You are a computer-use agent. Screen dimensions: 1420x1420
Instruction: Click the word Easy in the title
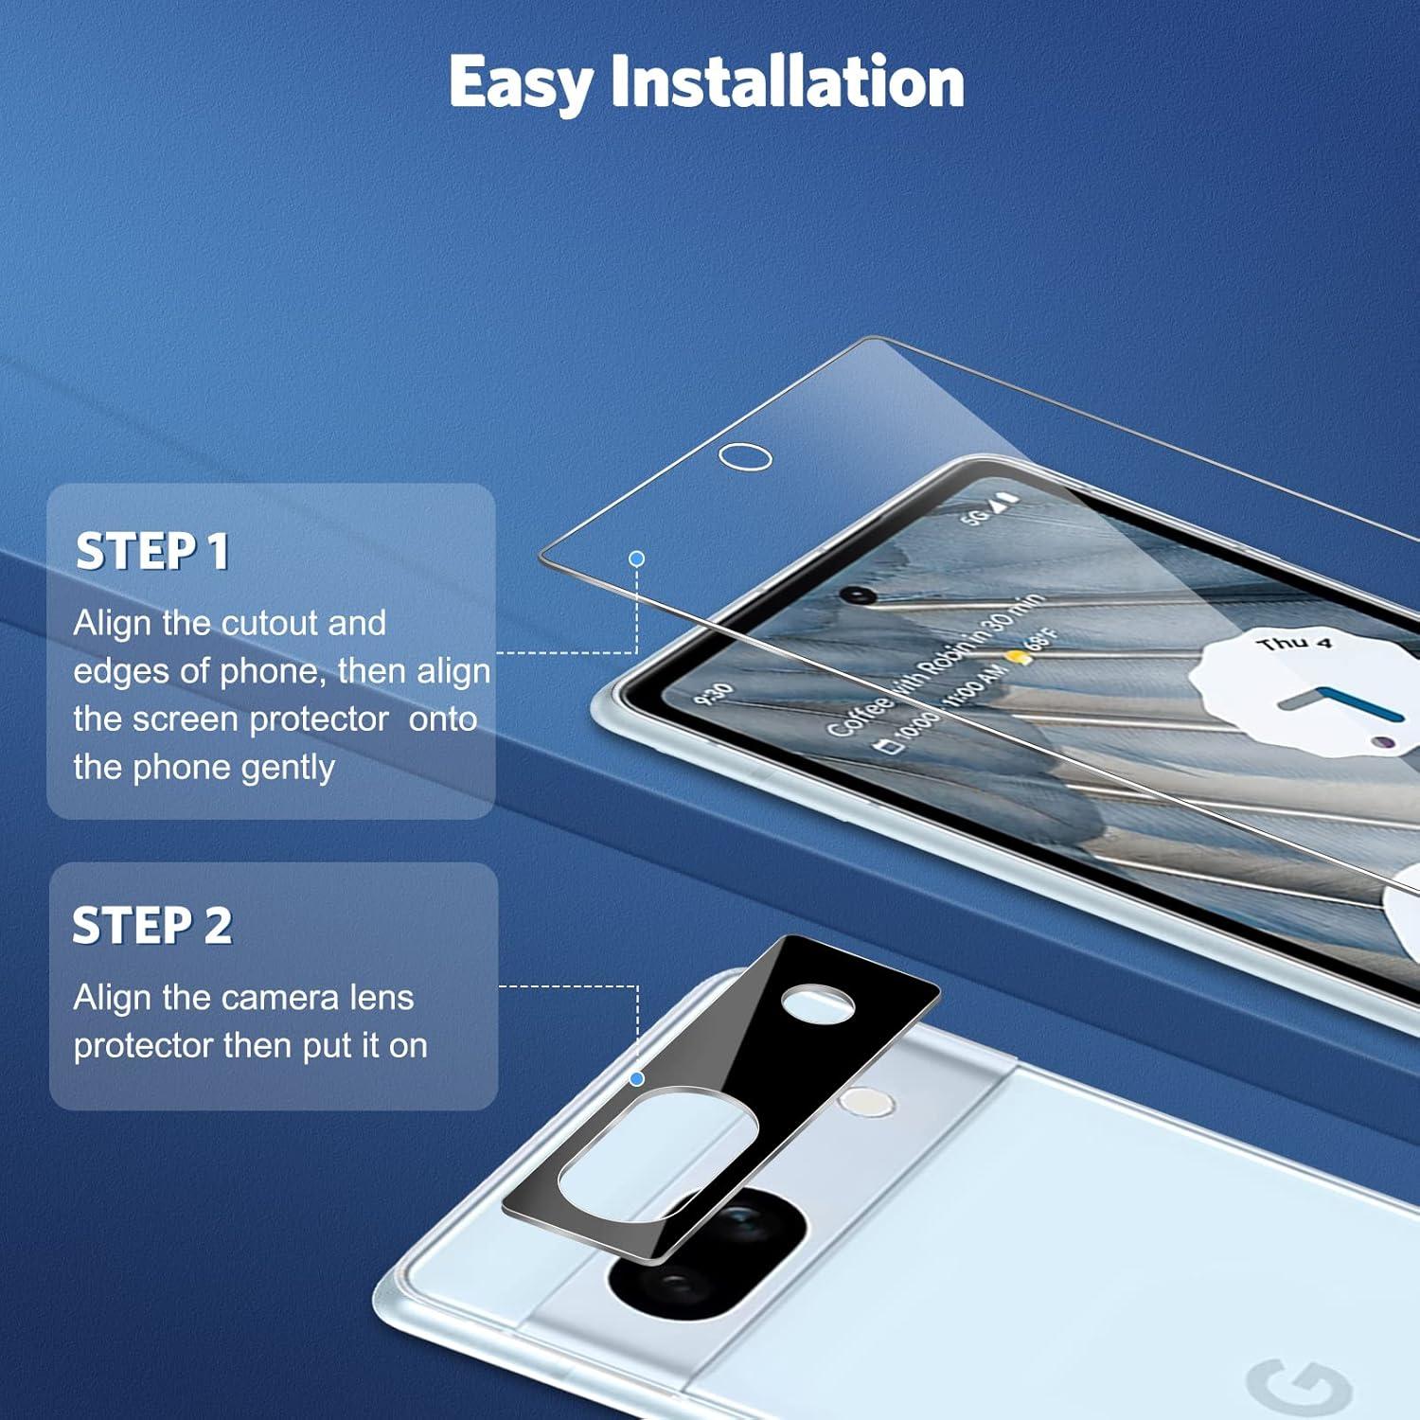pos(520,83)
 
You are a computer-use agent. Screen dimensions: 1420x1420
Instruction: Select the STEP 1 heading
pos(152,551)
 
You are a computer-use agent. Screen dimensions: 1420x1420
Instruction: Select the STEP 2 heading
pos(152,925)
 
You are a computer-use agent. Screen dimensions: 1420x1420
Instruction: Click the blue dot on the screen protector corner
pos(637,559)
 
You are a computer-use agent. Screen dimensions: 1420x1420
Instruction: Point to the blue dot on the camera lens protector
pos(637,1078)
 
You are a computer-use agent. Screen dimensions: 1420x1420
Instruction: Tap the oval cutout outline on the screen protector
pos(745,456)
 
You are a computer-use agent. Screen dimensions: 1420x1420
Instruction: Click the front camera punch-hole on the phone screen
pos(858,595)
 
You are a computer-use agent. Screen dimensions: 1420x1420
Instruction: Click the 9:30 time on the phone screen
pos(714,693)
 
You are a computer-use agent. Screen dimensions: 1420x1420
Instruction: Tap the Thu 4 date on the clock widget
pos(1293,644)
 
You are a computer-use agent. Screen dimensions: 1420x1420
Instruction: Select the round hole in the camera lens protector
pos(819,1003)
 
